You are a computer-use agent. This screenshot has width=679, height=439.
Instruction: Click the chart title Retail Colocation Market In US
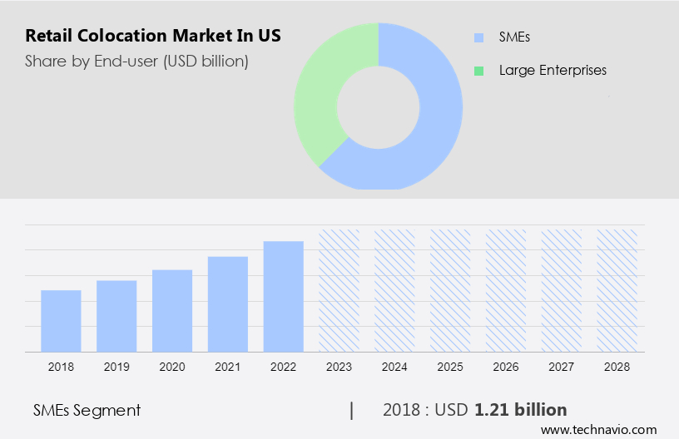pyautogui.click(x=152, y=36)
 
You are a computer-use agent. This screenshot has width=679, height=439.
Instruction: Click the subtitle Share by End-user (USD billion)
pyautogui.click(x=136, y=61)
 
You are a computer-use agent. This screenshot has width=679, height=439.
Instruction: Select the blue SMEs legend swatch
pyautogui.click(x=478, y=37)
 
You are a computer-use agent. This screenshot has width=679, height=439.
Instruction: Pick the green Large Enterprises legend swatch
pyautogui.click(x=478, y=71)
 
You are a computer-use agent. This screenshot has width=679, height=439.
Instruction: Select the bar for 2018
pyautogui.click(x=61, y=320)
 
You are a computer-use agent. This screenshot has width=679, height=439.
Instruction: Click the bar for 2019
pyautogui.click(x=116, y=316)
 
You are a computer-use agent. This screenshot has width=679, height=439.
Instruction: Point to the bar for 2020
pyautogui.click(x=172, y=310)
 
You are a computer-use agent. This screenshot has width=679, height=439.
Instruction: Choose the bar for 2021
pyautogui.click(x=228, y=303)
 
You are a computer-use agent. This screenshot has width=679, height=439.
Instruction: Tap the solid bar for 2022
pyautogui.click(x=284, y=296)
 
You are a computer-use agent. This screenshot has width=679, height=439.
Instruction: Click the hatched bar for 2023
pyautogui.click(x=339, y=290)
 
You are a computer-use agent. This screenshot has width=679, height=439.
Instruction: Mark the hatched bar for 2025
pyautogui.click(x=450, y=290)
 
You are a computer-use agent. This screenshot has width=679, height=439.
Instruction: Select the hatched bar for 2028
pyautogui.click(x=617, y=290)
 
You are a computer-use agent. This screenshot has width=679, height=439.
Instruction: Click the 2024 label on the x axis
pyautogui.click(x=394, y=366)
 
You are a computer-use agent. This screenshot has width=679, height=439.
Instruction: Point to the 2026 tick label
pyautogui.click(x=506, y=366)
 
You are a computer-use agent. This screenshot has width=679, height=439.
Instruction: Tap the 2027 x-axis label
pyautogui.click(x=562, y=366)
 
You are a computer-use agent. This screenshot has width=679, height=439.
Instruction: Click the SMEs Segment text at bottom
pyautogui.click(x=87, y=410)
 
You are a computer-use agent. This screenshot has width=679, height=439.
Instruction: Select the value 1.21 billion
pyautogui.click(x=521, y=410)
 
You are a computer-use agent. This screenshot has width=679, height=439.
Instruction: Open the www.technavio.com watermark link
pyautogui.click(x=599, y=430)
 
